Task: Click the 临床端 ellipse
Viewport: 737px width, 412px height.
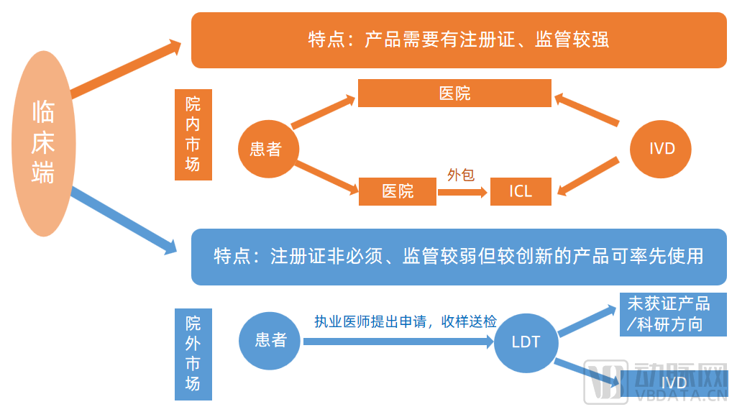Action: point(44,144)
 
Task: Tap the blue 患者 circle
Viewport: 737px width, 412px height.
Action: point(270,340)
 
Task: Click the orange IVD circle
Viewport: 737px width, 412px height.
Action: point(661,149)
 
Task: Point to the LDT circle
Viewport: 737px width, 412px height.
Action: point(526,342)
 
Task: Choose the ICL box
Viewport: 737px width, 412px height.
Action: point(521,191)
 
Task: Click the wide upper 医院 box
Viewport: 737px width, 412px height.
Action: point(454,93)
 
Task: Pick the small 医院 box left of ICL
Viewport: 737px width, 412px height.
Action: point(398,191)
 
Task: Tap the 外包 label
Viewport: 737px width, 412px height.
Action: point(461,175)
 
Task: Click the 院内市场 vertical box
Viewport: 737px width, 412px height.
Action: point(193,134)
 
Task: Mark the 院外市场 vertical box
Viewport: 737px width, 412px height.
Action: point(193,354)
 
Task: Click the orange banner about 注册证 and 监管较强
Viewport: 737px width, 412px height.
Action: point(459,40)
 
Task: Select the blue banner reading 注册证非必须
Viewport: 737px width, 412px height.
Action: point(459,257)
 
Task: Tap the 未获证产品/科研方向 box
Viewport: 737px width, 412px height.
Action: point(673,314)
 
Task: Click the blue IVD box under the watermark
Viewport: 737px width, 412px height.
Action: point(673,383)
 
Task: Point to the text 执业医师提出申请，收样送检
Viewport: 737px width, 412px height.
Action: point(406,321)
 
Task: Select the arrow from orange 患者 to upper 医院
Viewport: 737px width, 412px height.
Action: point(324,112)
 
